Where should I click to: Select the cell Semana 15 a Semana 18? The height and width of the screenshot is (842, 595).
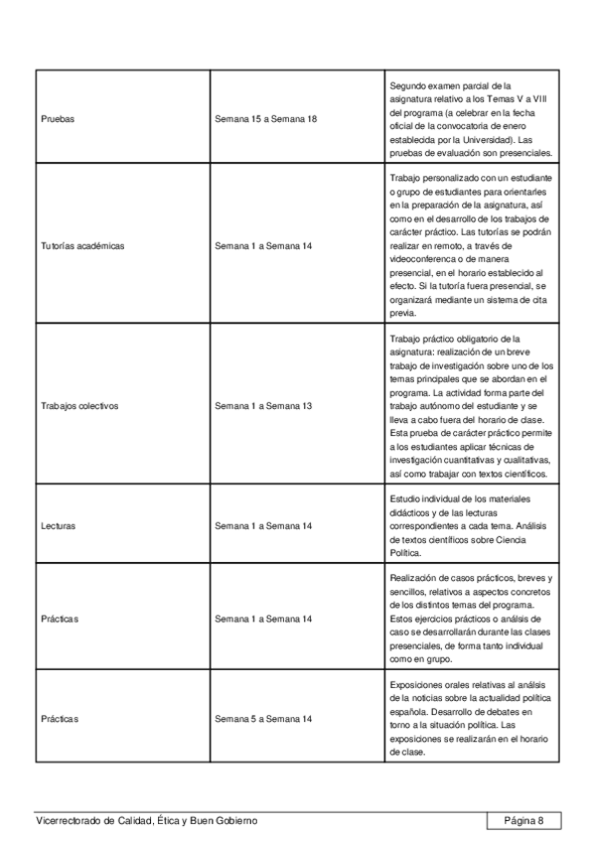tap(265, 119)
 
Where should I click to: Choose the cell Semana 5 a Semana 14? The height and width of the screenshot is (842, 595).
tap(263, 715)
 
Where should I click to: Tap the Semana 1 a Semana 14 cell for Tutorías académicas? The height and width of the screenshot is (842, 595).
tap(263, 245)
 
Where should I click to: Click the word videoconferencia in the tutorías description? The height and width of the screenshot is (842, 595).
tap(425, 257)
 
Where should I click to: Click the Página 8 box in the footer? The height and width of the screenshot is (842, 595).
tap(524, 820)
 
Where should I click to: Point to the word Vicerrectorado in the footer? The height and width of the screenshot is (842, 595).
tap(69, 820)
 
